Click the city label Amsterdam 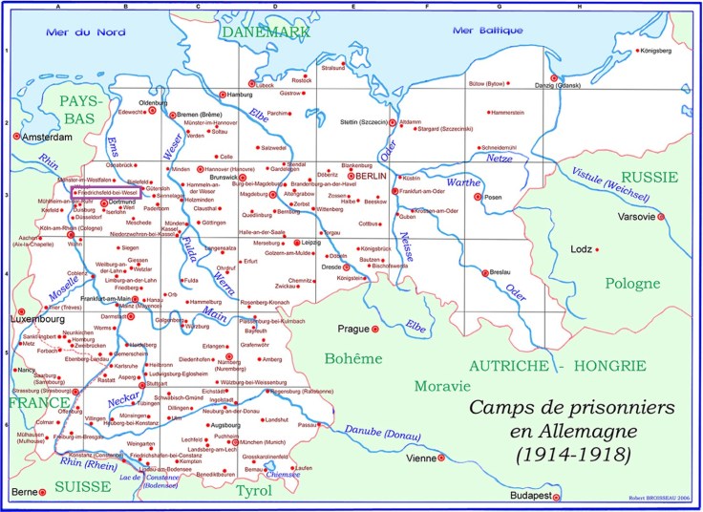point(44,137)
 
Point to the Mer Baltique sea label point(489,30)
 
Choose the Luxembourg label point(36,318)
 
